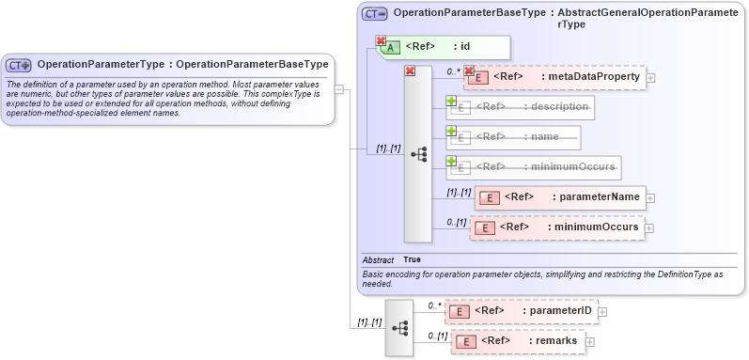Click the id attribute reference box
click(447, 47)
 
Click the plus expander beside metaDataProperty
click(650, 77)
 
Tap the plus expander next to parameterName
click(650, 198)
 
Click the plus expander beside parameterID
click(603, 312)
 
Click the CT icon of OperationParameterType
click(19, 66)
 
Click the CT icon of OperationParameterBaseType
click(375, 14)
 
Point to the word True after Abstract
click(413, 259)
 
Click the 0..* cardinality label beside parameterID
click(434, 305)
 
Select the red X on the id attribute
click(382, 41)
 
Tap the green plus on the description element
click(451, 101)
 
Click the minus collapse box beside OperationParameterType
click(338, 90)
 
